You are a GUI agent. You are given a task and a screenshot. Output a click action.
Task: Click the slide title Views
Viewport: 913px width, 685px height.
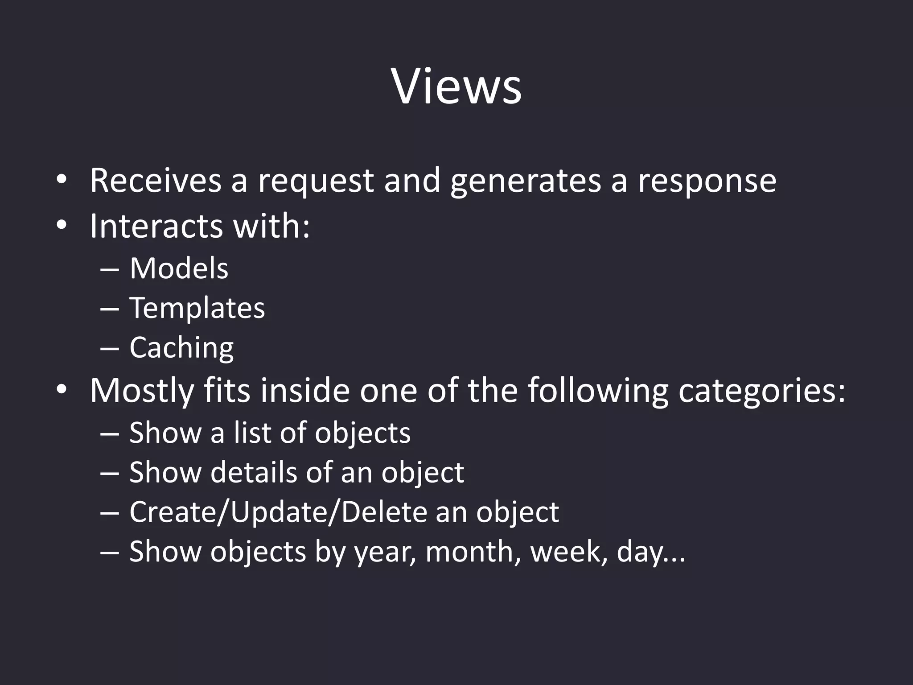point(456,87)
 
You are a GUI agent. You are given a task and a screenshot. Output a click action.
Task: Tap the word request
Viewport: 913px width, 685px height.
point(316,181)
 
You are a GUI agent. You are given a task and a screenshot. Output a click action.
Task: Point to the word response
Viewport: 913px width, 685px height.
point(707,181)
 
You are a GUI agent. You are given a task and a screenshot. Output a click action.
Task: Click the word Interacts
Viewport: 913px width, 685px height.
point(156,226)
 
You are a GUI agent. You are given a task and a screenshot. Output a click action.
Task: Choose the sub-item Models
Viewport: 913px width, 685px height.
point(179,268)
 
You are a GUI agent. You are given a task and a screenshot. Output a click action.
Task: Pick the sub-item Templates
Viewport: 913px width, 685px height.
point(197,309)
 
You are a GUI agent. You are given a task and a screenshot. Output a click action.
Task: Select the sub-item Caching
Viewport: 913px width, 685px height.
point(181,348)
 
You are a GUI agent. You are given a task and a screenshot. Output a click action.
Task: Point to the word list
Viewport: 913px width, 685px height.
point(252,433)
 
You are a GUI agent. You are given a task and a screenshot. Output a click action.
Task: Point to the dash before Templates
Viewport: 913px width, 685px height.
point(110,309)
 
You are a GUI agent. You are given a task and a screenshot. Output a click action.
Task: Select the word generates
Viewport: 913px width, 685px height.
point(526,181)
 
